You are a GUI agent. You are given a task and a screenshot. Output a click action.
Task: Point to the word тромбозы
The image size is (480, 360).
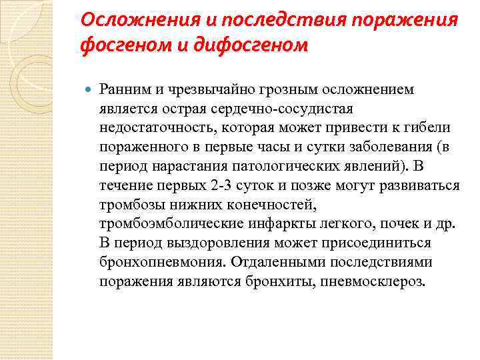click(x=129, y=204)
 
